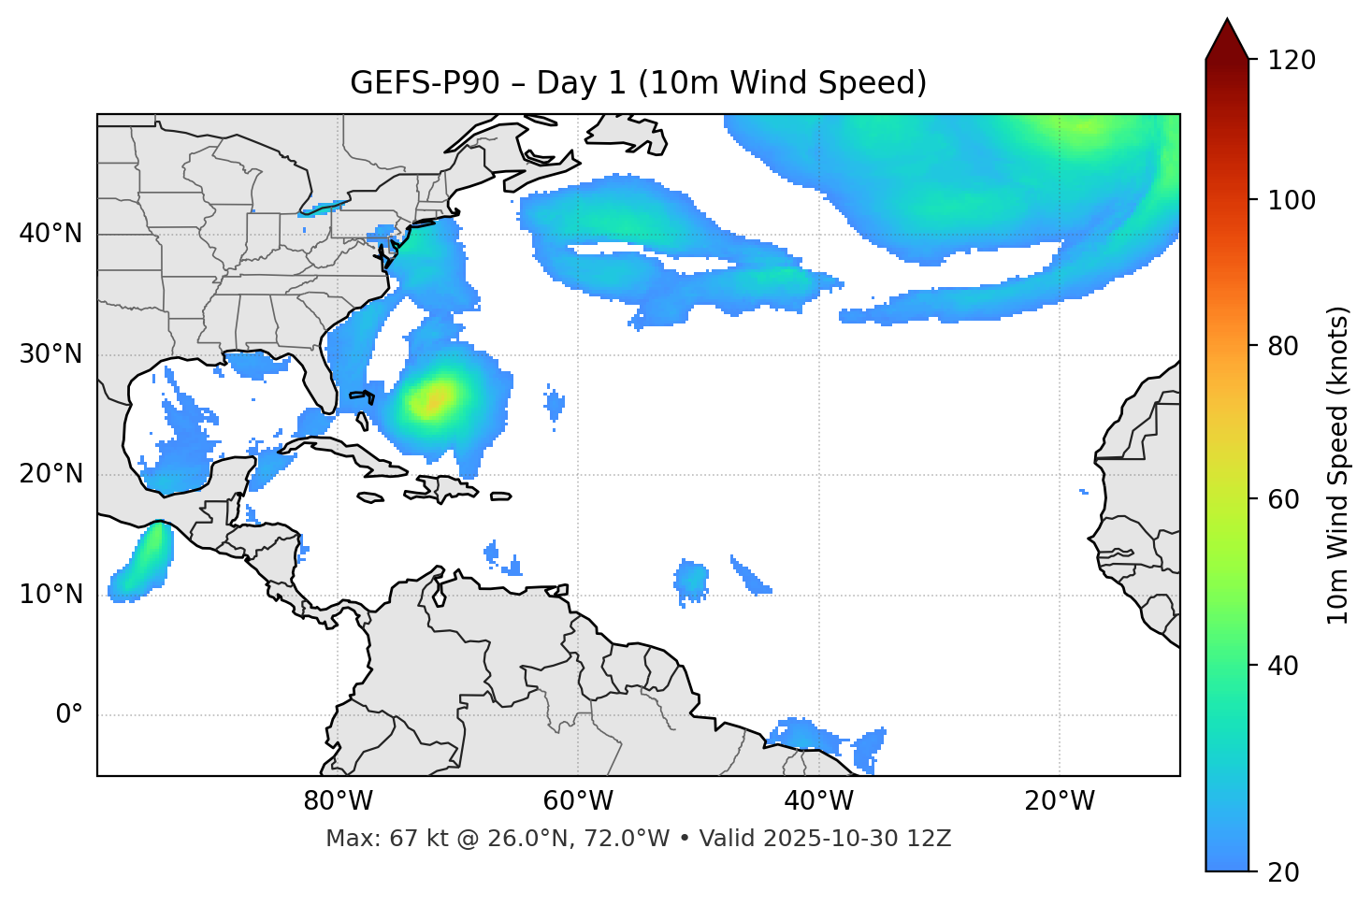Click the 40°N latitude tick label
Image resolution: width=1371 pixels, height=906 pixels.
51,234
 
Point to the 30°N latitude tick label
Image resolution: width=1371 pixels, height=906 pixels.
51,354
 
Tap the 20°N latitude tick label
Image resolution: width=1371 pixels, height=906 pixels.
51,474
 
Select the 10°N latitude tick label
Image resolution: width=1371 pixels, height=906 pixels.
51,595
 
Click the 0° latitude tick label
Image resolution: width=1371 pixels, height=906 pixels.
69,715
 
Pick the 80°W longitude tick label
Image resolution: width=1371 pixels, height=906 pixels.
338,801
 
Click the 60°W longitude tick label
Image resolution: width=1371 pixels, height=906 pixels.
578,801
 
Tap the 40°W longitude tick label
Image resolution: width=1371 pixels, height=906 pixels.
818,801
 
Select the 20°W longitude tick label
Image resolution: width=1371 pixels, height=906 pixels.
1060,801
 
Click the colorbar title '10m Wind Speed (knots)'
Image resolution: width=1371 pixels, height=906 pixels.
1338,466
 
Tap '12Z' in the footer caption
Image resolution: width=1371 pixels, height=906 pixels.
931,839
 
